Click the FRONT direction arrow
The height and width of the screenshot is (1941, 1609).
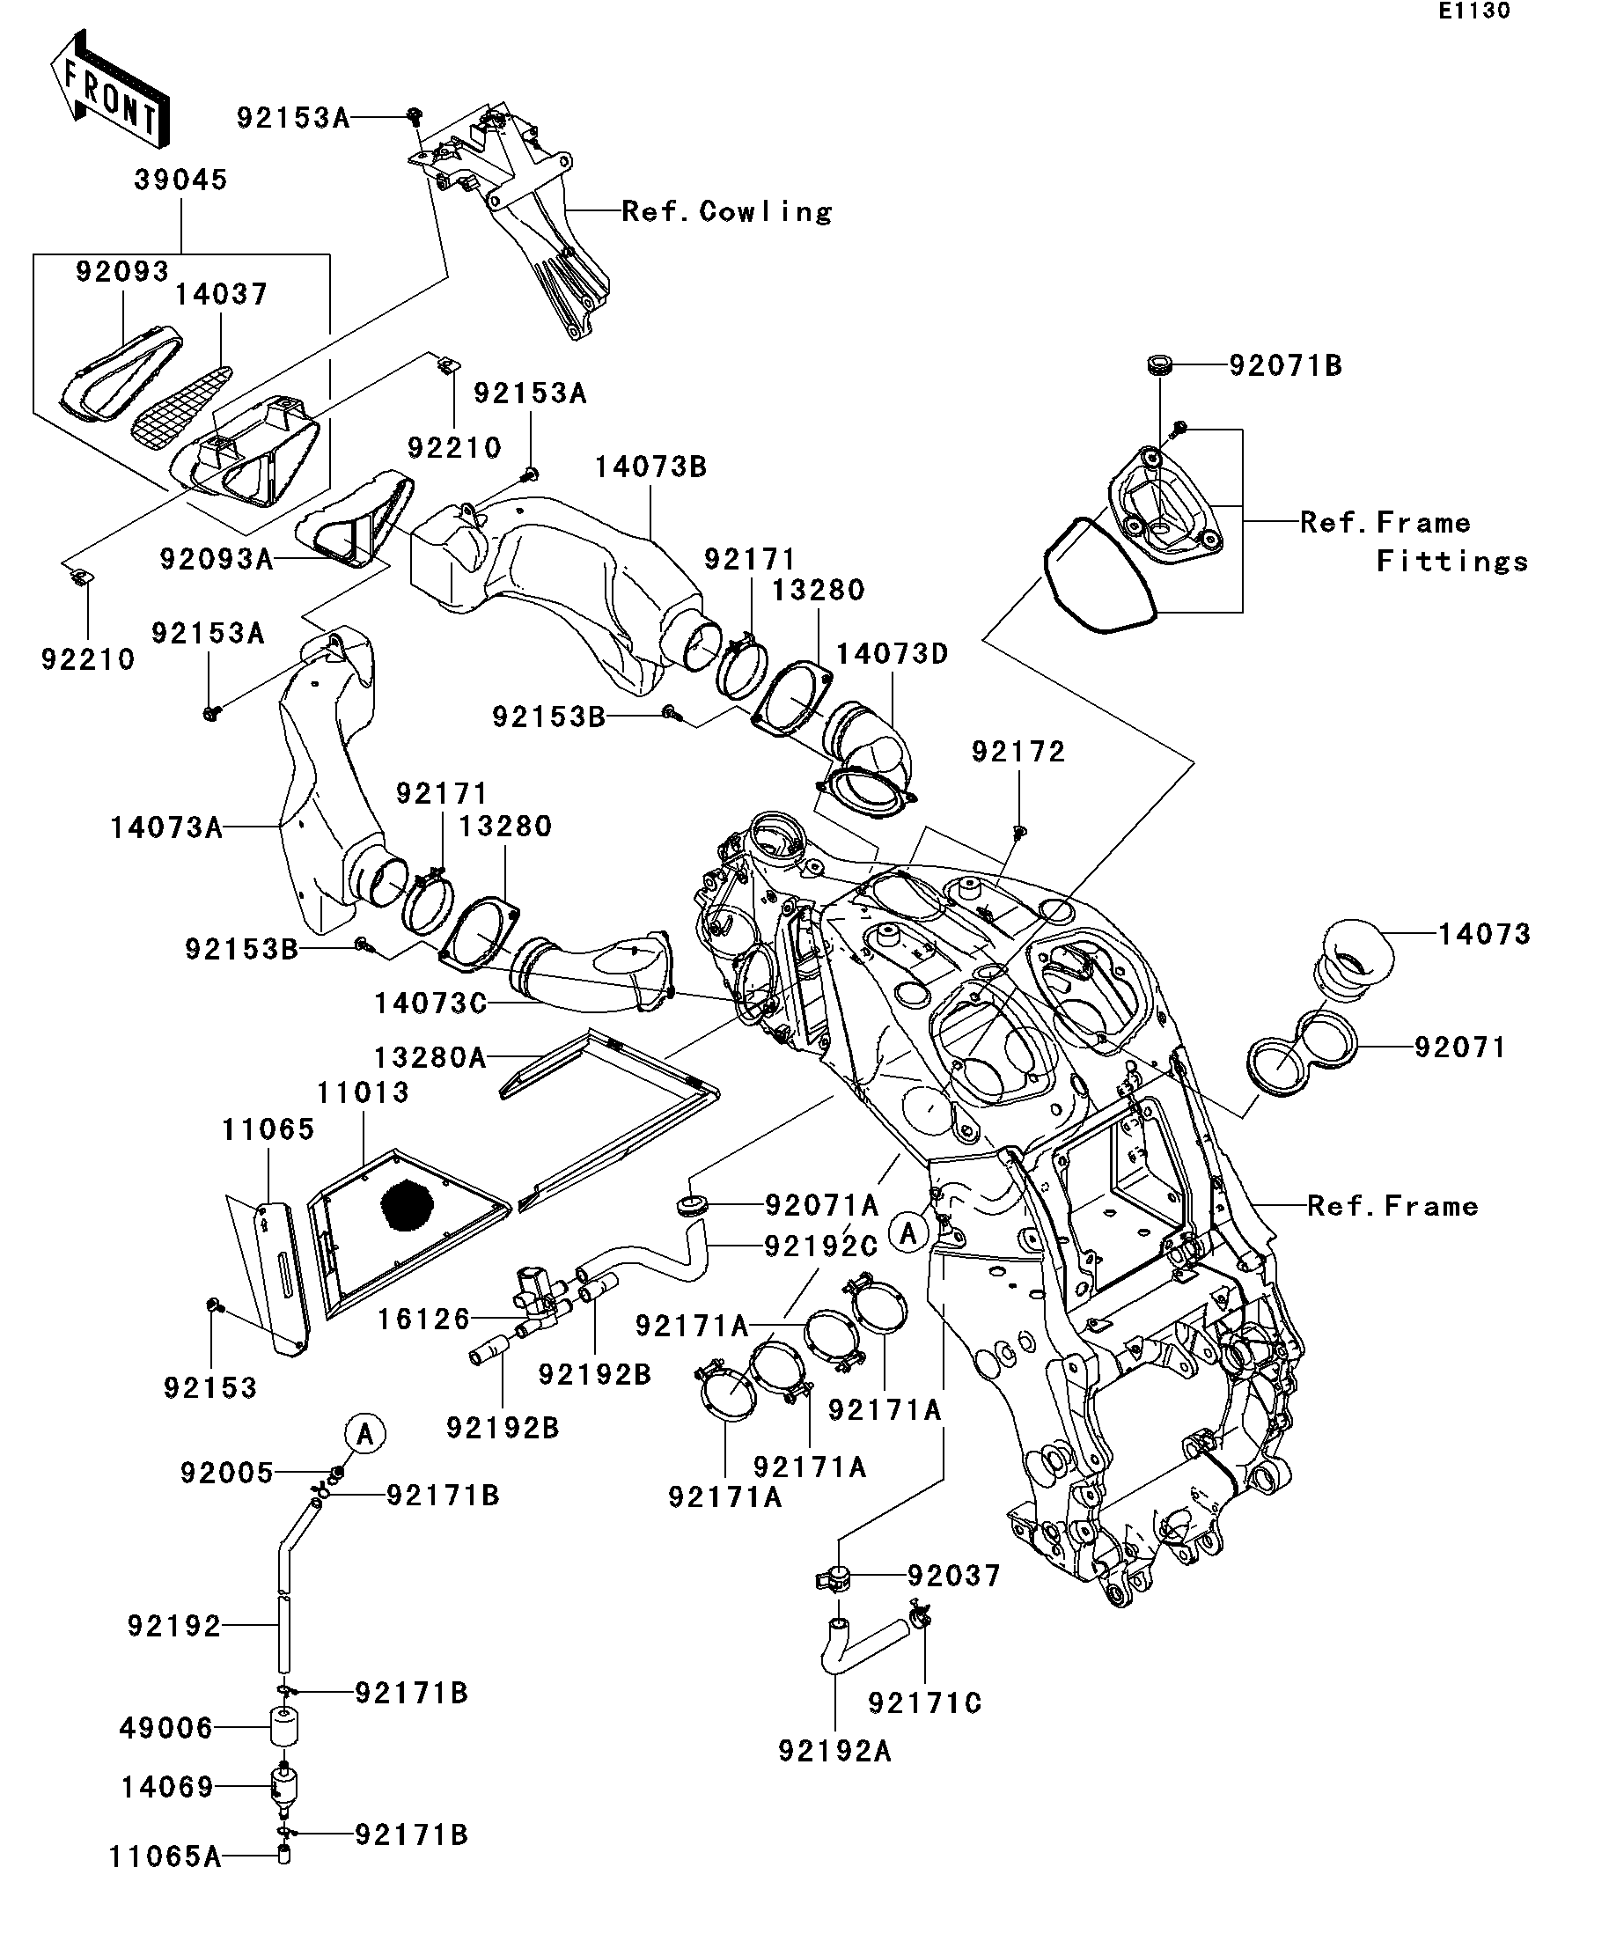(x=110, y=90)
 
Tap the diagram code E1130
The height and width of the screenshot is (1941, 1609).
(x=1474, y=11)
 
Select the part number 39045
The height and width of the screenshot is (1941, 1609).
(x=180, y=180)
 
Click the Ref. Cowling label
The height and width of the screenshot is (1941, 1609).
(x=726, y=211)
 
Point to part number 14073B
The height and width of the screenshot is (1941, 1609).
(x=650, y=467)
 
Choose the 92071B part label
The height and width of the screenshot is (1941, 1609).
(x=1286, y=366)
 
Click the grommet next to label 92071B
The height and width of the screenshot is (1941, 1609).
(x=1160, y=364)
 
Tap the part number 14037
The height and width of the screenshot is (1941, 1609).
(x=221, y=294)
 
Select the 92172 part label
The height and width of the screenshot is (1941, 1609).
(x=1018, y=752)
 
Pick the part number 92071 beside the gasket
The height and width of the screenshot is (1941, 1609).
(x=1460, y=1048)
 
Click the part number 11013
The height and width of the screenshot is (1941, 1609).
(x=364, y=1092)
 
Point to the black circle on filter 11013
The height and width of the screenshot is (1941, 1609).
(x=408, y=1204)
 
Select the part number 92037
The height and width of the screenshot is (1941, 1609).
(x=955, y=1575)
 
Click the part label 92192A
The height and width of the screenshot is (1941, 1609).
(x=834, y=1752)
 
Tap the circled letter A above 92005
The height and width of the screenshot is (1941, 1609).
(x=365, y=1434)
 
